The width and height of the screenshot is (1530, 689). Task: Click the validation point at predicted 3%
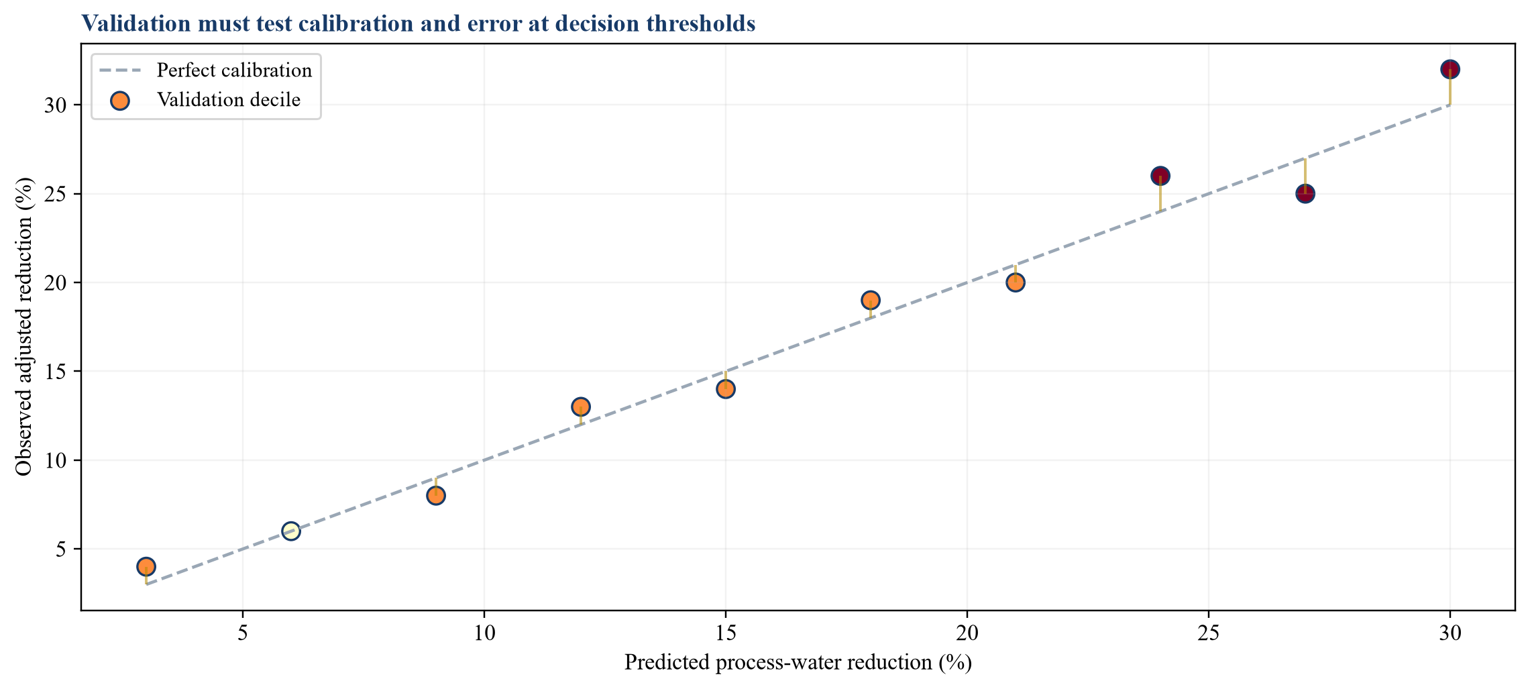point(146,566)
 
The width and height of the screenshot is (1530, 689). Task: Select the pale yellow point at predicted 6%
point(290,531)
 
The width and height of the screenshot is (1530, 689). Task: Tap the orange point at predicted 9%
point(436,496)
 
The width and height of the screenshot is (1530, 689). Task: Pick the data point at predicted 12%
point(581,407)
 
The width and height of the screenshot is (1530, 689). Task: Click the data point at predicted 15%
point(726,389)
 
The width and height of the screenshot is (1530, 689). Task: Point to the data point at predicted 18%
point(871,300)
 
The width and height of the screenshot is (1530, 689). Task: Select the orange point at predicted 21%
point(1016,282)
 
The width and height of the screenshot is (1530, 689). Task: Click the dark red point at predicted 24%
point(1160,176)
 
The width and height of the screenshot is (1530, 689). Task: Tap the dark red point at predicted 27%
point(1305,194)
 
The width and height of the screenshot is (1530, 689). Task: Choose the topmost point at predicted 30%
point(1450,69)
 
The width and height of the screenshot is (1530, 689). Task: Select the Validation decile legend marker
point(120,101)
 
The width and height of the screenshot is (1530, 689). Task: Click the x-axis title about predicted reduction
point(798,663)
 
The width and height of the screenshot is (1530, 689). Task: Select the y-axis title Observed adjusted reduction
point(25,327)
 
